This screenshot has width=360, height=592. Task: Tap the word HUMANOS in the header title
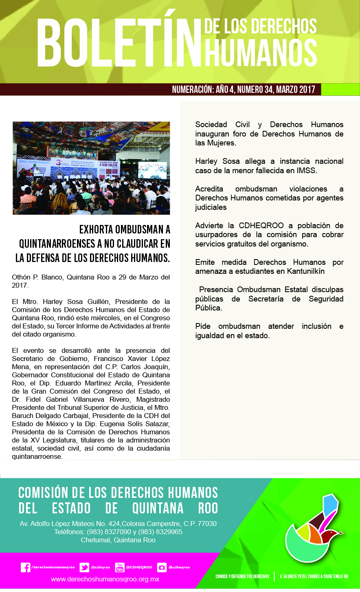261,52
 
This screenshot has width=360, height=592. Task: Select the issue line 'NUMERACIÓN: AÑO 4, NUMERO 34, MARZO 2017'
244,89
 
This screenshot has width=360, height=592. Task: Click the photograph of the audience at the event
91,168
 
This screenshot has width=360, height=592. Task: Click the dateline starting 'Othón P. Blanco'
91,281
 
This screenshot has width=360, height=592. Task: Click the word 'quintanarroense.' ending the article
37,457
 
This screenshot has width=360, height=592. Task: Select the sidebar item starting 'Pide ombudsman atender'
269,331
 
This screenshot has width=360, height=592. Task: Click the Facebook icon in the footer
25,568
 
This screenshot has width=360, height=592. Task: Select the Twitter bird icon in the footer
84,568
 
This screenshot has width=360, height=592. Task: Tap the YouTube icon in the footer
120,568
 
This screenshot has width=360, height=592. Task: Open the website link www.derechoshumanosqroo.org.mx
105,579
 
